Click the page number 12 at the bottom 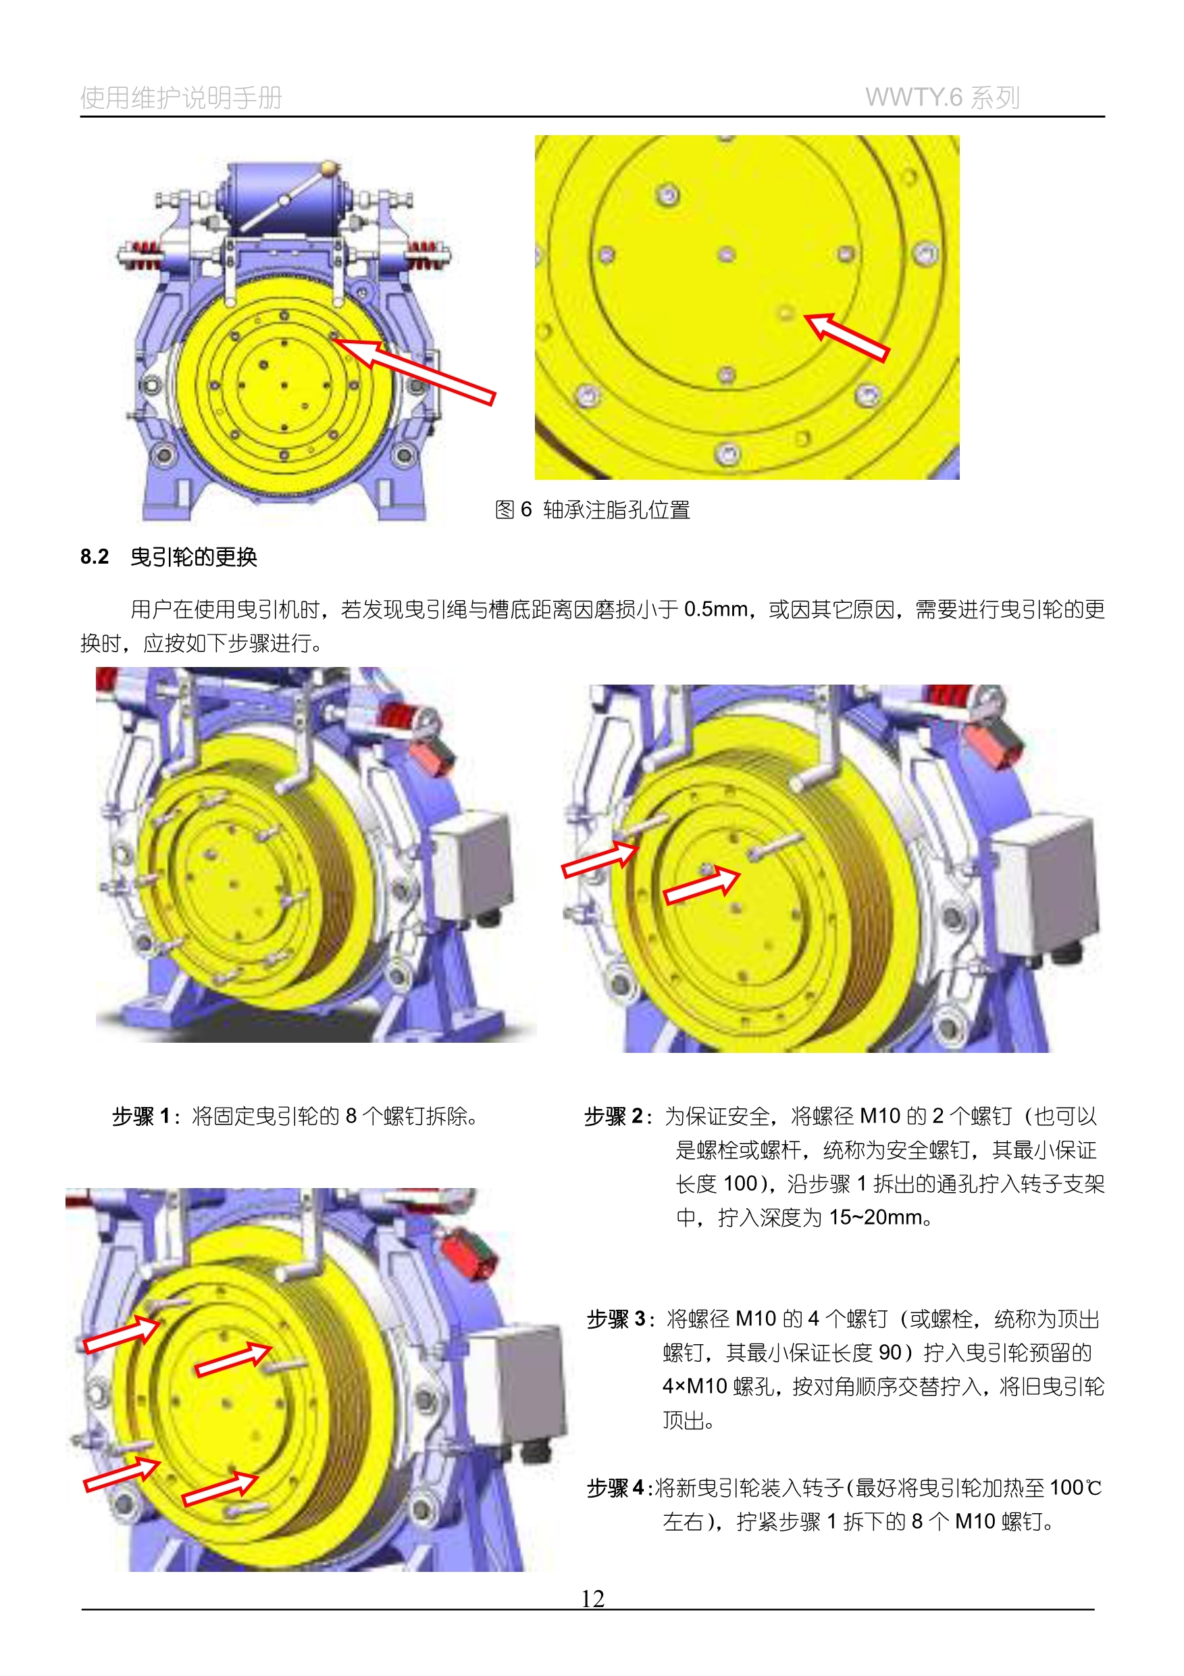point(592,1599)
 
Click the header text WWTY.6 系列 point(942,97)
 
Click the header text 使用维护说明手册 point(181,97)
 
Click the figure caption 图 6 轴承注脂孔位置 point(592,510)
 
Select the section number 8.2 point(94,557)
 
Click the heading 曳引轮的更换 point(194,557)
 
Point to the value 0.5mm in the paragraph point(717,609)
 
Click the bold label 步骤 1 point(140,1116)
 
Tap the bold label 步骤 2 point(613,1116)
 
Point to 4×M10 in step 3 point(695,1386)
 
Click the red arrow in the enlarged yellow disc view point(846,337)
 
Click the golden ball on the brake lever point(330,168)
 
